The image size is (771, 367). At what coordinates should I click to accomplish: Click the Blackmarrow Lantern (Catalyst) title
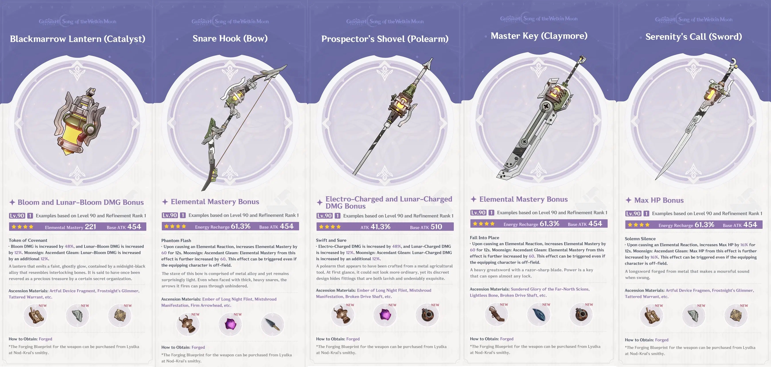pos(77,39)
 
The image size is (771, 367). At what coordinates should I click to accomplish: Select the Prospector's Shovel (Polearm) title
pos(385,39)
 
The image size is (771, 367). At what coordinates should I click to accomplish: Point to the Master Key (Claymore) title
pos(539,36)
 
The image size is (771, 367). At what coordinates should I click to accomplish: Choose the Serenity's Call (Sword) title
pos(694,37)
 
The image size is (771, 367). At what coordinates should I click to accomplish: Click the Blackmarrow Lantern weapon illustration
pos(79,121)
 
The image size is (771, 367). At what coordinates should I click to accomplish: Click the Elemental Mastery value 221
pos(90,227)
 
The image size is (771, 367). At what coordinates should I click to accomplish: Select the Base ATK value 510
pos(436,227)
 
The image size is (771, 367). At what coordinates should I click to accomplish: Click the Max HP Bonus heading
pos(659,200)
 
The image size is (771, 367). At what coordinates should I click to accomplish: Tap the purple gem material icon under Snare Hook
pos(230,324)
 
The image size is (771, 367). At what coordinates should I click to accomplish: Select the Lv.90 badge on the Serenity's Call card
pos(633,214)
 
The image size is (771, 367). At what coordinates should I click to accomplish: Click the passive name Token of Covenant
pos(28,240)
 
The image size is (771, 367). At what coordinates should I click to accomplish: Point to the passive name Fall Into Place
pos(485,238)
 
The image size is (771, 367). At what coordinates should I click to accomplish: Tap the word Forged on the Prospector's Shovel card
pos(353,339)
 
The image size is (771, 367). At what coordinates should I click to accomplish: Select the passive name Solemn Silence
pos(640,239)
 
